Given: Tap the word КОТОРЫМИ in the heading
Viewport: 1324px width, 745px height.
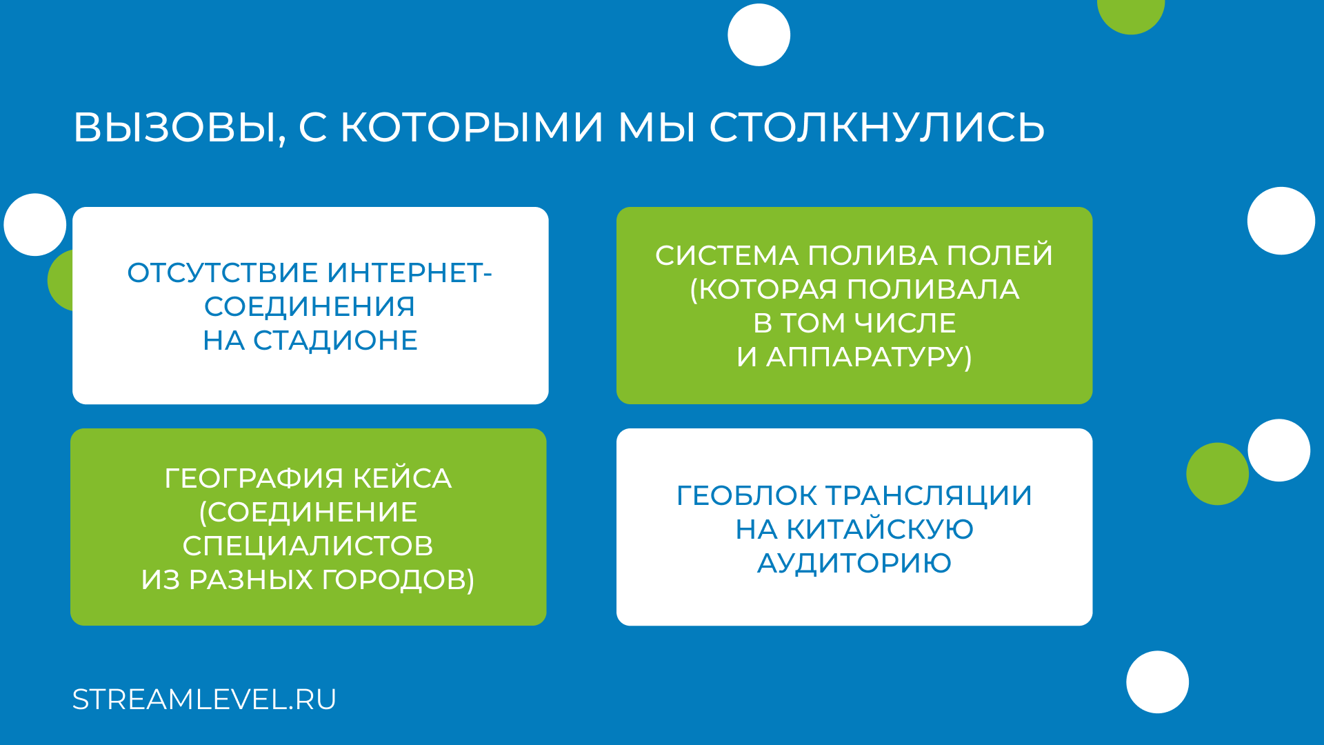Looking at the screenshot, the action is (472, 128).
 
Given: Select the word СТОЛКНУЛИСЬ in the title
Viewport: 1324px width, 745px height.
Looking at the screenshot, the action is (876, 128).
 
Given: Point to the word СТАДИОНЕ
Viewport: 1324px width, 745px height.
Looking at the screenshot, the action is (335, 341).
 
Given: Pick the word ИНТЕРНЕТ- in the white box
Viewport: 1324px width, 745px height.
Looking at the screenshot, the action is (410, 273).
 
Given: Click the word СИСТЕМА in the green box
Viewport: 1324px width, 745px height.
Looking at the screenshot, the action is (727, 256).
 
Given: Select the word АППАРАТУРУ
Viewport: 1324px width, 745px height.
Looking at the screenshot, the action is (869, 357).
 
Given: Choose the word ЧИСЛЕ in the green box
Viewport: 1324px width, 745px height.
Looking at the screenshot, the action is (905, 324).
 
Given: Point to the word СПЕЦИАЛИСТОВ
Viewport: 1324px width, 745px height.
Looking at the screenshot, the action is (308, 546).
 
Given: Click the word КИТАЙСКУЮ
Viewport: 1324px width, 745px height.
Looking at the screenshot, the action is (880, 530).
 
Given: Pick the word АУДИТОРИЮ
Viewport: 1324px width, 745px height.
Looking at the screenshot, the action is (854, 564).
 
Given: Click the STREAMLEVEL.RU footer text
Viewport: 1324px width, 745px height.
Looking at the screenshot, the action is (204, 699).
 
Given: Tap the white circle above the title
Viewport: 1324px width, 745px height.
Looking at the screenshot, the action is (759, 35).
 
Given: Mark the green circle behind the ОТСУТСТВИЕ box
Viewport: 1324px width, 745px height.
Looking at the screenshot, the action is (61, 280).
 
